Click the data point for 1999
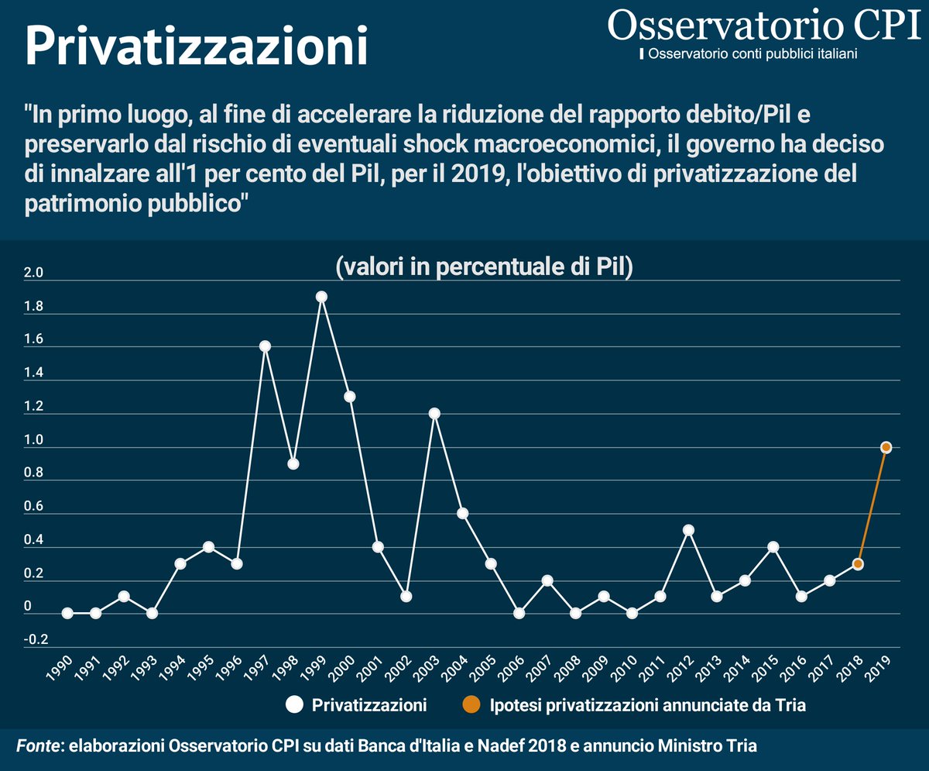click(321, 297)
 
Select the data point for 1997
click(265, 346)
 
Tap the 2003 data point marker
click(434, 413)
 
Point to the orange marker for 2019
click(886, 447)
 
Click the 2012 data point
click(688, 530)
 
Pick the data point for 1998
click(293, 463)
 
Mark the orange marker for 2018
click(858, 563)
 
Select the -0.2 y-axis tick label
click(36, 640)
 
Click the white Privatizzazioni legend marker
click(294, 705)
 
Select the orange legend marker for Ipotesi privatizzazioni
click(471, 705)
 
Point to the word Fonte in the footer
click(39, 745)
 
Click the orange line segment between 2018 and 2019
click(872, 505)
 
